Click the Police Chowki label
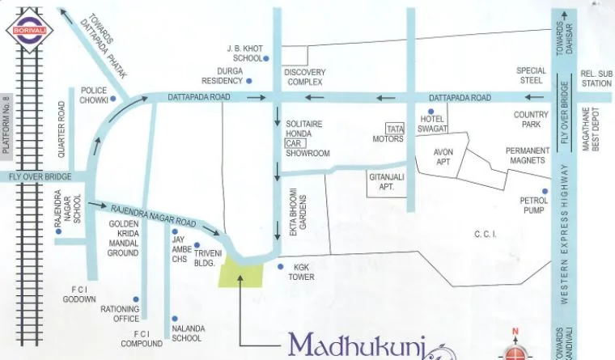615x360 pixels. pos(95,95)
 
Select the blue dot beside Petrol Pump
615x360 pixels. pos(545,192)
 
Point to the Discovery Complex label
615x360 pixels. pos(304,77)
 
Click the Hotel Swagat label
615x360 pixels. pos(434,124)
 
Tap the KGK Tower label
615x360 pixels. pos(301,272)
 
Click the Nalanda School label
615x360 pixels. pos(187,333)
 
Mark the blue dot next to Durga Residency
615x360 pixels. pos(249,82)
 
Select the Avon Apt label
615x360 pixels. pos(443,156)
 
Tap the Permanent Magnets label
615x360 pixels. pos(528,155)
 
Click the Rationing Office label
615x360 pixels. pos(120,313)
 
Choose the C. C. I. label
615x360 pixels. pos(485,235)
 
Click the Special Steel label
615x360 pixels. pos(532,76)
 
